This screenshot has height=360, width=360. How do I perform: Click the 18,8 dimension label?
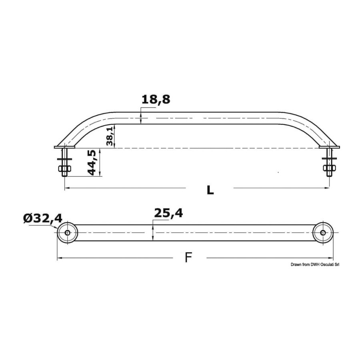point(156,100)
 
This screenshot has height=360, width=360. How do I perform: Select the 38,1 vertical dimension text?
point(110,136)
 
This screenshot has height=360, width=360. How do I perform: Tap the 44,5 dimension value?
point(92,163)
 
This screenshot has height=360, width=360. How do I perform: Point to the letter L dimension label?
point(210,190)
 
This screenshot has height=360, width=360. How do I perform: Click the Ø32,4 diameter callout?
point(43,218)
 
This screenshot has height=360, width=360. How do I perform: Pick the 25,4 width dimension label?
point(168,213)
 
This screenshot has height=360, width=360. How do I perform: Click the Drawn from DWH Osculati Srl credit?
point(315,265)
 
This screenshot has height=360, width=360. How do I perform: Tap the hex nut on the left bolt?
point(65,169)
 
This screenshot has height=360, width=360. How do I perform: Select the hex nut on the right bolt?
point(330,168)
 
